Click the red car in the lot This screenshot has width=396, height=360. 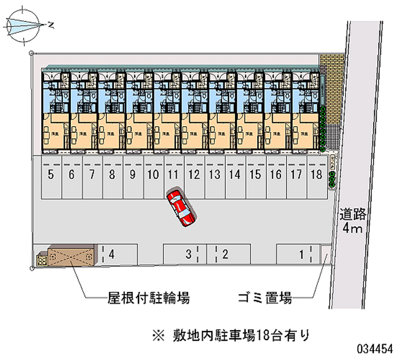click(x=181, y=207)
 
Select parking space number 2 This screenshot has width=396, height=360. click(x=231, y=255)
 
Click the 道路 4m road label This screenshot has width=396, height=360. click(x=353, y=221)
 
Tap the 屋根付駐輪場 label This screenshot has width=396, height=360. click(x=148, y=298)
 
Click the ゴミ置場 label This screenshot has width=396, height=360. click(x=264, y=298)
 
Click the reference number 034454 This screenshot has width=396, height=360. click(x=374, y=348)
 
